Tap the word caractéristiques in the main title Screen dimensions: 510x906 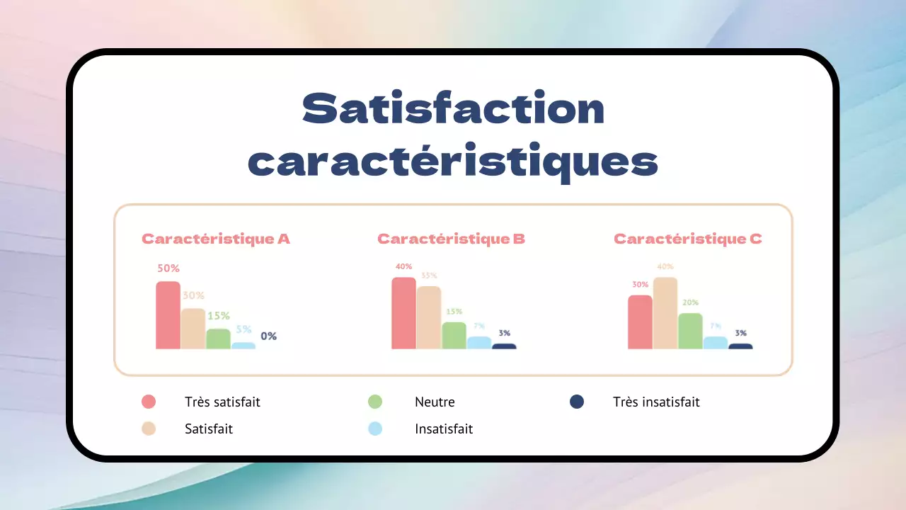pyautogui.click(x=453, y=161)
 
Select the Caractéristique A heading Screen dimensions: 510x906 pyautogui.click(x=216, y=239)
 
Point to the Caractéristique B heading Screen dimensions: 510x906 pyautogui.click(x=452, y=239)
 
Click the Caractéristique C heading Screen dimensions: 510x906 pyautogui.click(x=688, y=239)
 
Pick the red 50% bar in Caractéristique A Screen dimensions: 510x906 pyautogui.click(x=168, y=315)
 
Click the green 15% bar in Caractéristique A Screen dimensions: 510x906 pyautogui.click(x=218, y=339)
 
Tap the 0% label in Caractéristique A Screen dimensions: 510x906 pyautogui.click(x=268, y=336)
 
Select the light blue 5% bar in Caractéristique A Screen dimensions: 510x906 pyautogui.click(x=243, y=346)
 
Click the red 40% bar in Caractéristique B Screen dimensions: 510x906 pyautogui.click(x=403, y=313)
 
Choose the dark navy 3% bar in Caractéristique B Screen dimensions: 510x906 pyautogui.click(x=504, y=346)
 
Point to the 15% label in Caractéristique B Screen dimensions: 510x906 pyautogui.click(x=454, y=312)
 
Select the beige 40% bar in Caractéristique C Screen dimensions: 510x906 pyautogui.click(x=665, y=313)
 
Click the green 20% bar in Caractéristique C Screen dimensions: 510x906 pyautogui.click(x=690, y=331)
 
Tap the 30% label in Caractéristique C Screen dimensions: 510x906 pyautogui.click(x=640, y=285)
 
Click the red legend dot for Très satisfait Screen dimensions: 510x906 pyautogui.click(x=149, y=402)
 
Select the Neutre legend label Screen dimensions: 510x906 pyautogui.click(x=435, y=402)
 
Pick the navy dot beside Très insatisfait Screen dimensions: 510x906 pyautogui.click(x=577, y=402)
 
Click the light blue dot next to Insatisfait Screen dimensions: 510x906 pyautogui.click(x=375, y=429)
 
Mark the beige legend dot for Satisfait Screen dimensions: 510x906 pyautogui.click(x=149, y=429)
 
